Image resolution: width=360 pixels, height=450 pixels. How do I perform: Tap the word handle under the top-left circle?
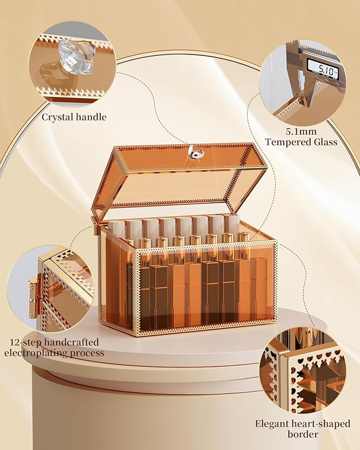[92, 117]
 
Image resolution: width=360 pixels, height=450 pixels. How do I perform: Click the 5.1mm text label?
[301, 132]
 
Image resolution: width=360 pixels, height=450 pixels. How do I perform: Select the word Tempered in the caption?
[289, 142]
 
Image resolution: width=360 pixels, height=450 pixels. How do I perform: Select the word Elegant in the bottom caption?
[271, 423]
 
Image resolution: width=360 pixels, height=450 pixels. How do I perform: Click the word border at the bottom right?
[303, 434]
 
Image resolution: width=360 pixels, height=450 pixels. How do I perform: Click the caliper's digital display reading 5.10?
[321, 69]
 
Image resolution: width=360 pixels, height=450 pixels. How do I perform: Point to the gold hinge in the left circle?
[33, 295]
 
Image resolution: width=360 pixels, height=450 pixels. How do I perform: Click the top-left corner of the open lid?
[113, 147]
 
